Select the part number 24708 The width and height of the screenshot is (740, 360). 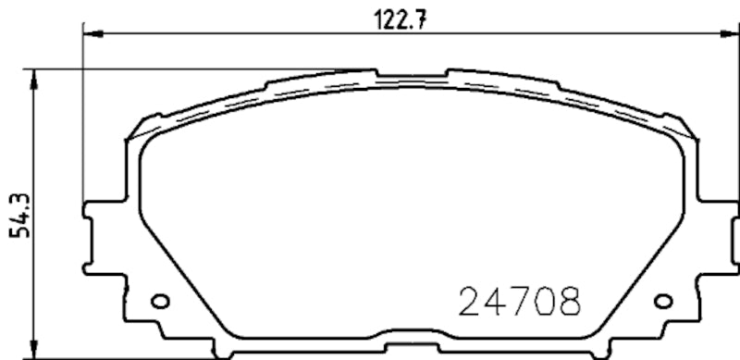pyautogui.click(x=522, y=301)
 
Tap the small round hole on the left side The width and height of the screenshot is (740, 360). pyautogui.click(x=159, y=300)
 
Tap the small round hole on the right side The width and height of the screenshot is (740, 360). pyautogui.click(x=661, y=300)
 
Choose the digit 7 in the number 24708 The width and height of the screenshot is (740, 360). pyautogui.click(x=522, y=301)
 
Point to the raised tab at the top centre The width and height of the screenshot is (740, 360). pyautogui.click(x=412, y=73)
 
